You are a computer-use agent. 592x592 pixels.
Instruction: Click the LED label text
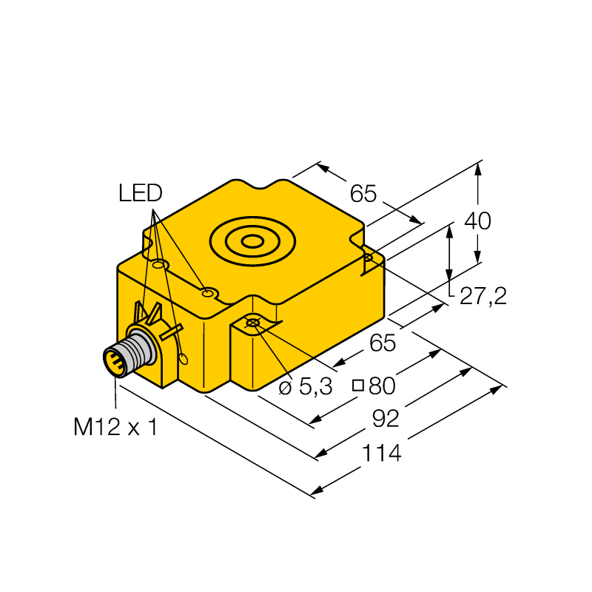[140, 192]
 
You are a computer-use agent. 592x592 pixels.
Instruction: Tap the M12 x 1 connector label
[115, 427]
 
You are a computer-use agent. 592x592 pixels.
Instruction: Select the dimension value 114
[381, 453]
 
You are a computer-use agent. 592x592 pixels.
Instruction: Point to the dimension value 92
[386, 419]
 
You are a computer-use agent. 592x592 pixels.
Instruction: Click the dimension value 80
[382, 386]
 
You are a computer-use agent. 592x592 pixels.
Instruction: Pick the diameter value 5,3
[316, 386]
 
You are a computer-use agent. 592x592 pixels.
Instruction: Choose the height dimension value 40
[477, 221]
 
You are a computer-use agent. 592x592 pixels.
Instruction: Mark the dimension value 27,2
[483, 295]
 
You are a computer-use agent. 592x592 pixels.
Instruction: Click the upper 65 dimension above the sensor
[363, 193]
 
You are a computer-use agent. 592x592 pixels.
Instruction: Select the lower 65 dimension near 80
[383, 343]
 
